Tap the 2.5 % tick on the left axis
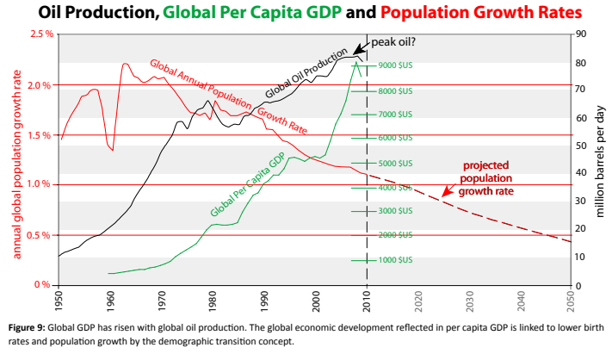[x=37, y=34]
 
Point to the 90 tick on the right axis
[x=582, y=34]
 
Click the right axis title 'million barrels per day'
[x=600, y=159]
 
